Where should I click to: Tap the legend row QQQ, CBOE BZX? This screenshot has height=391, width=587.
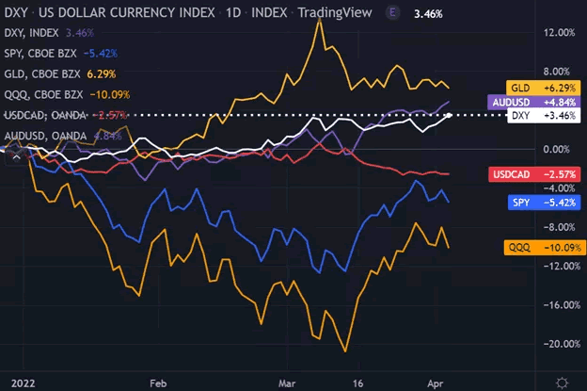pos(66,94)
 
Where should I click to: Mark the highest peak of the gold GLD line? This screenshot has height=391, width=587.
pos(319,20)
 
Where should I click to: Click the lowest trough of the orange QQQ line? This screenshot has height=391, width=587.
pos(345,351)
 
